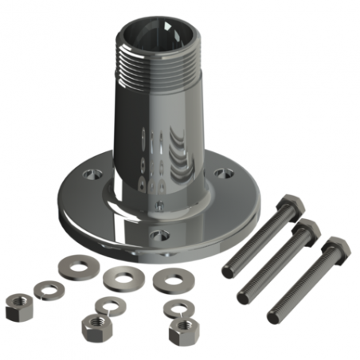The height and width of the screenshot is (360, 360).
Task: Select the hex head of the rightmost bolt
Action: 334,248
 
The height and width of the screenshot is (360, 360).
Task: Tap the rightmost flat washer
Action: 169,280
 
